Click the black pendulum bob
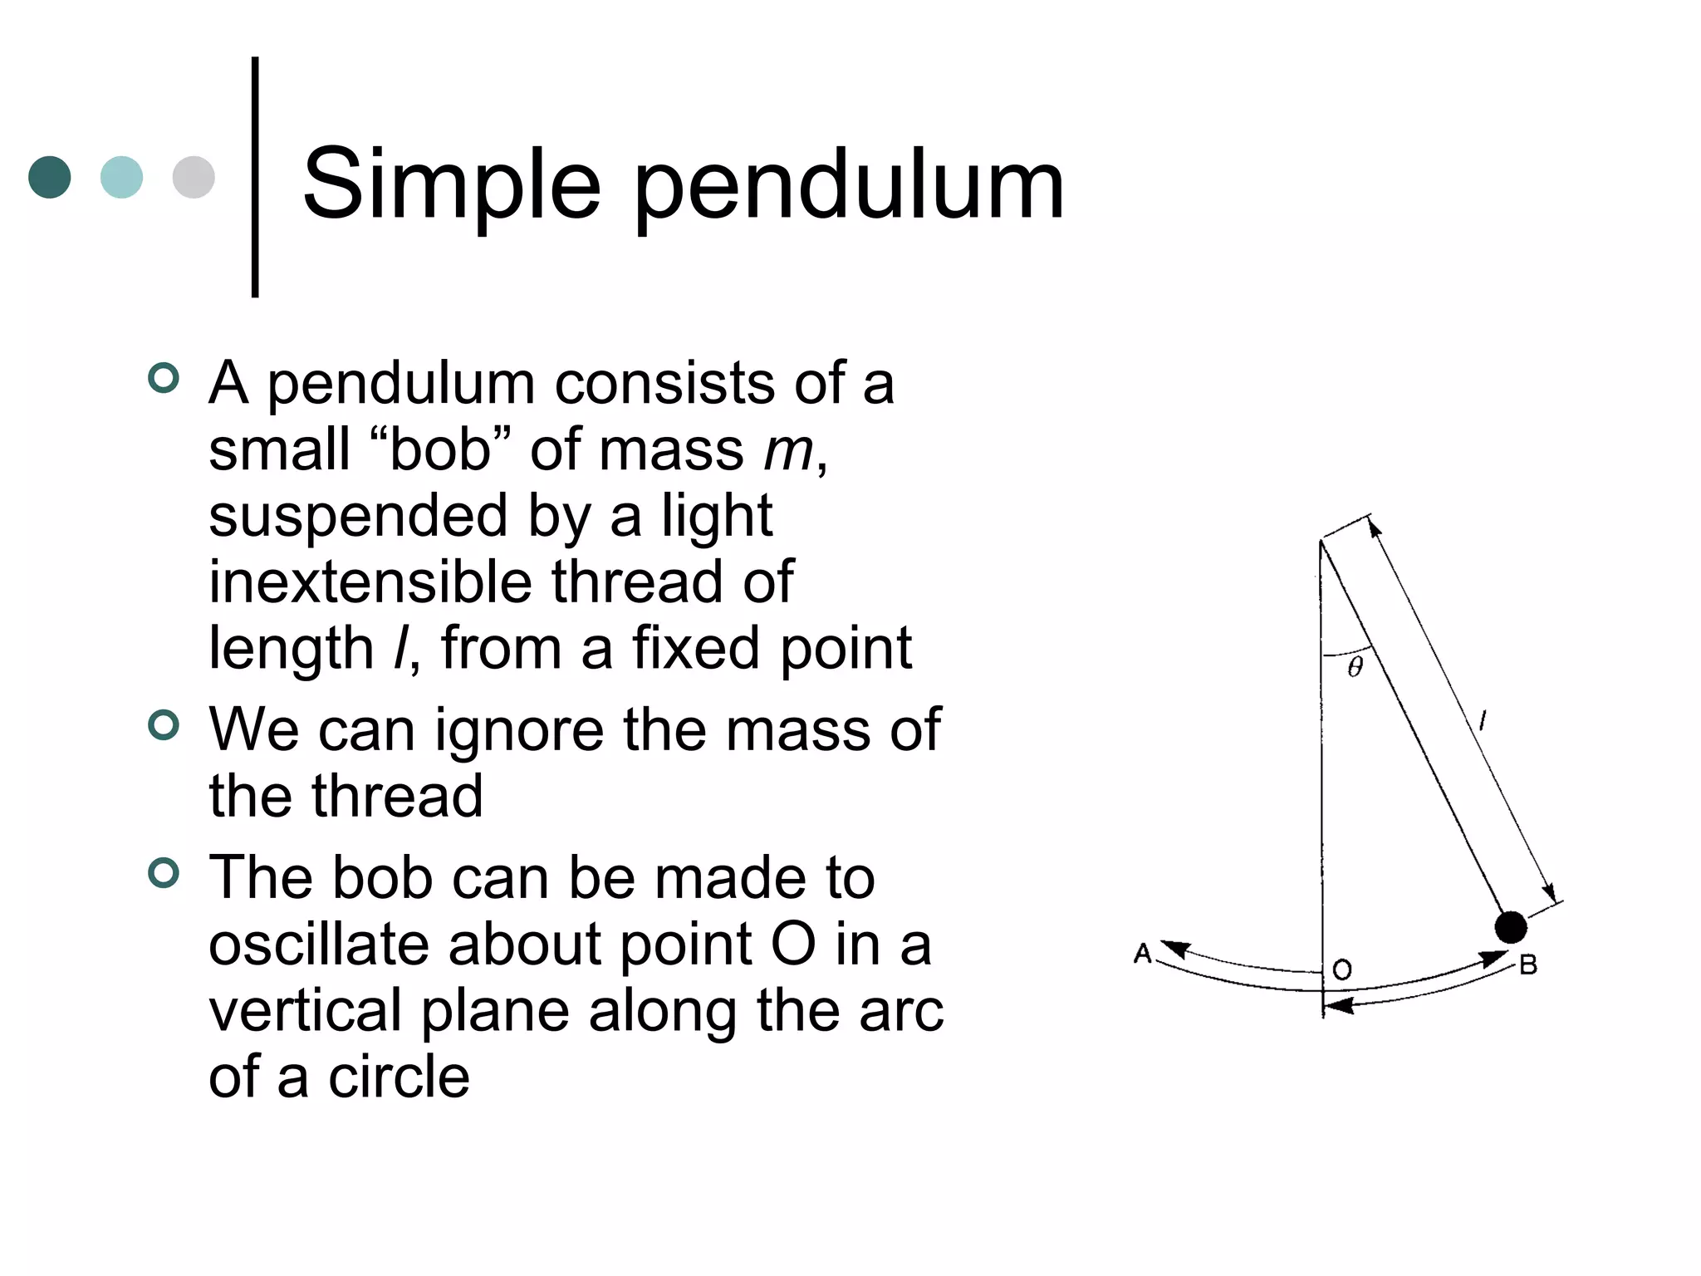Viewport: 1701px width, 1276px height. tap(1510, 927)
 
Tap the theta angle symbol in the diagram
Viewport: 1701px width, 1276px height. tap(1355, 666)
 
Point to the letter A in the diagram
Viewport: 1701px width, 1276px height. tap(1143, 954)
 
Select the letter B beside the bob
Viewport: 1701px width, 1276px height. tap(1528, 965)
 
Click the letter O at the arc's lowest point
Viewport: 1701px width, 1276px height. tap(1342, 969)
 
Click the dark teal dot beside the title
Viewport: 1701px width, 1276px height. tap(50, 177)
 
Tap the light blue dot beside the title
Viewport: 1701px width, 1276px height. tap(121, 177)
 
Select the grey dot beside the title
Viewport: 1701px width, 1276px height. tap(194, 177)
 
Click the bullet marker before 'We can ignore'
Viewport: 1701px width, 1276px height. tap(164, 725)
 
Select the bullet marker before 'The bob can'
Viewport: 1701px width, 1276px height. tap(164, 873)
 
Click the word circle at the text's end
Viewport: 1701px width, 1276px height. tap(400, 1077)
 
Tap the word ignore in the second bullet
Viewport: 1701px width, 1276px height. tap(519, 730)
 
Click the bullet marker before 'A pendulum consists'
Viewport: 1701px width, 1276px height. tap(164, 379)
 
